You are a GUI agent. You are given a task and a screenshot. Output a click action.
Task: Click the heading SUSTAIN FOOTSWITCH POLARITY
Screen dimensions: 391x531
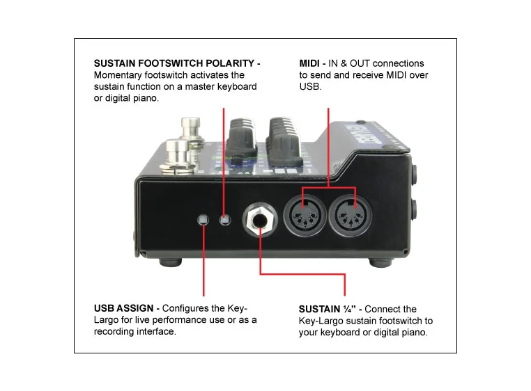[176, 63]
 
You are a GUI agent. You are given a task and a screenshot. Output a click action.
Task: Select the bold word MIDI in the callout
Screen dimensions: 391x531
[309, 63]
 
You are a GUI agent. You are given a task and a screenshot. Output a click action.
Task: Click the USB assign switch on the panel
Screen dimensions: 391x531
[203, 220]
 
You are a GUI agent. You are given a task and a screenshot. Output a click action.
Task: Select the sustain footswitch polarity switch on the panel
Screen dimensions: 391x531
[224, 220]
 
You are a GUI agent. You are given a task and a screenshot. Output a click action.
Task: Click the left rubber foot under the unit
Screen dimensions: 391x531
[169, 263]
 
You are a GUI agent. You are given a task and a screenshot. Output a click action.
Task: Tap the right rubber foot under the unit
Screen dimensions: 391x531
[381, 263]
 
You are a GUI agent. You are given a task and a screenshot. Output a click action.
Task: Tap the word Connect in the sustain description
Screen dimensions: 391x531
[382, 309]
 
